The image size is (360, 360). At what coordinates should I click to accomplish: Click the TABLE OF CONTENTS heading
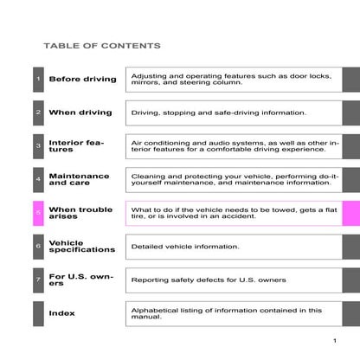[101, 45]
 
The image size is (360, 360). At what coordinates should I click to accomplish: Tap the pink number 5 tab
[38, 213]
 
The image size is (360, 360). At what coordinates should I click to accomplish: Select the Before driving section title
[82, 80]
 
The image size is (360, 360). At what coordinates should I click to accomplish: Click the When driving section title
[80, 112]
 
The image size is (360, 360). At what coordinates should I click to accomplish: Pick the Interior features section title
[76, 146]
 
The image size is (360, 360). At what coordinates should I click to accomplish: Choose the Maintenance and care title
[79, 179]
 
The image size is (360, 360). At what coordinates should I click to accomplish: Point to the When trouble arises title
[80, 213]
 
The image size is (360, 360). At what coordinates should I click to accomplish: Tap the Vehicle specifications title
[81, 247]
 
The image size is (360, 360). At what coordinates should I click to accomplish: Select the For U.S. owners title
[79, 280]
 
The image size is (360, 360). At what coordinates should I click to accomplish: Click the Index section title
[61, 313]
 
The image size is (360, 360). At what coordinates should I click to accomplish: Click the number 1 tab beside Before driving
[38, 80]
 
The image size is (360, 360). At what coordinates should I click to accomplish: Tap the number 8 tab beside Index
[38, 313]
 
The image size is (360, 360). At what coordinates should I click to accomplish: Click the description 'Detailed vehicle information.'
[184, 247]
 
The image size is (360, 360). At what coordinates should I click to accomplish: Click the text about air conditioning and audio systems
[234, 146]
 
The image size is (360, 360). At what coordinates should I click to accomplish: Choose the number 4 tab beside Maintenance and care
[38, 179]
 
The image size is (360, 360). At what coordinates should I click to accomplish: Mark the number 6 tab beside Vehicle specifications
[38, 247]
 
